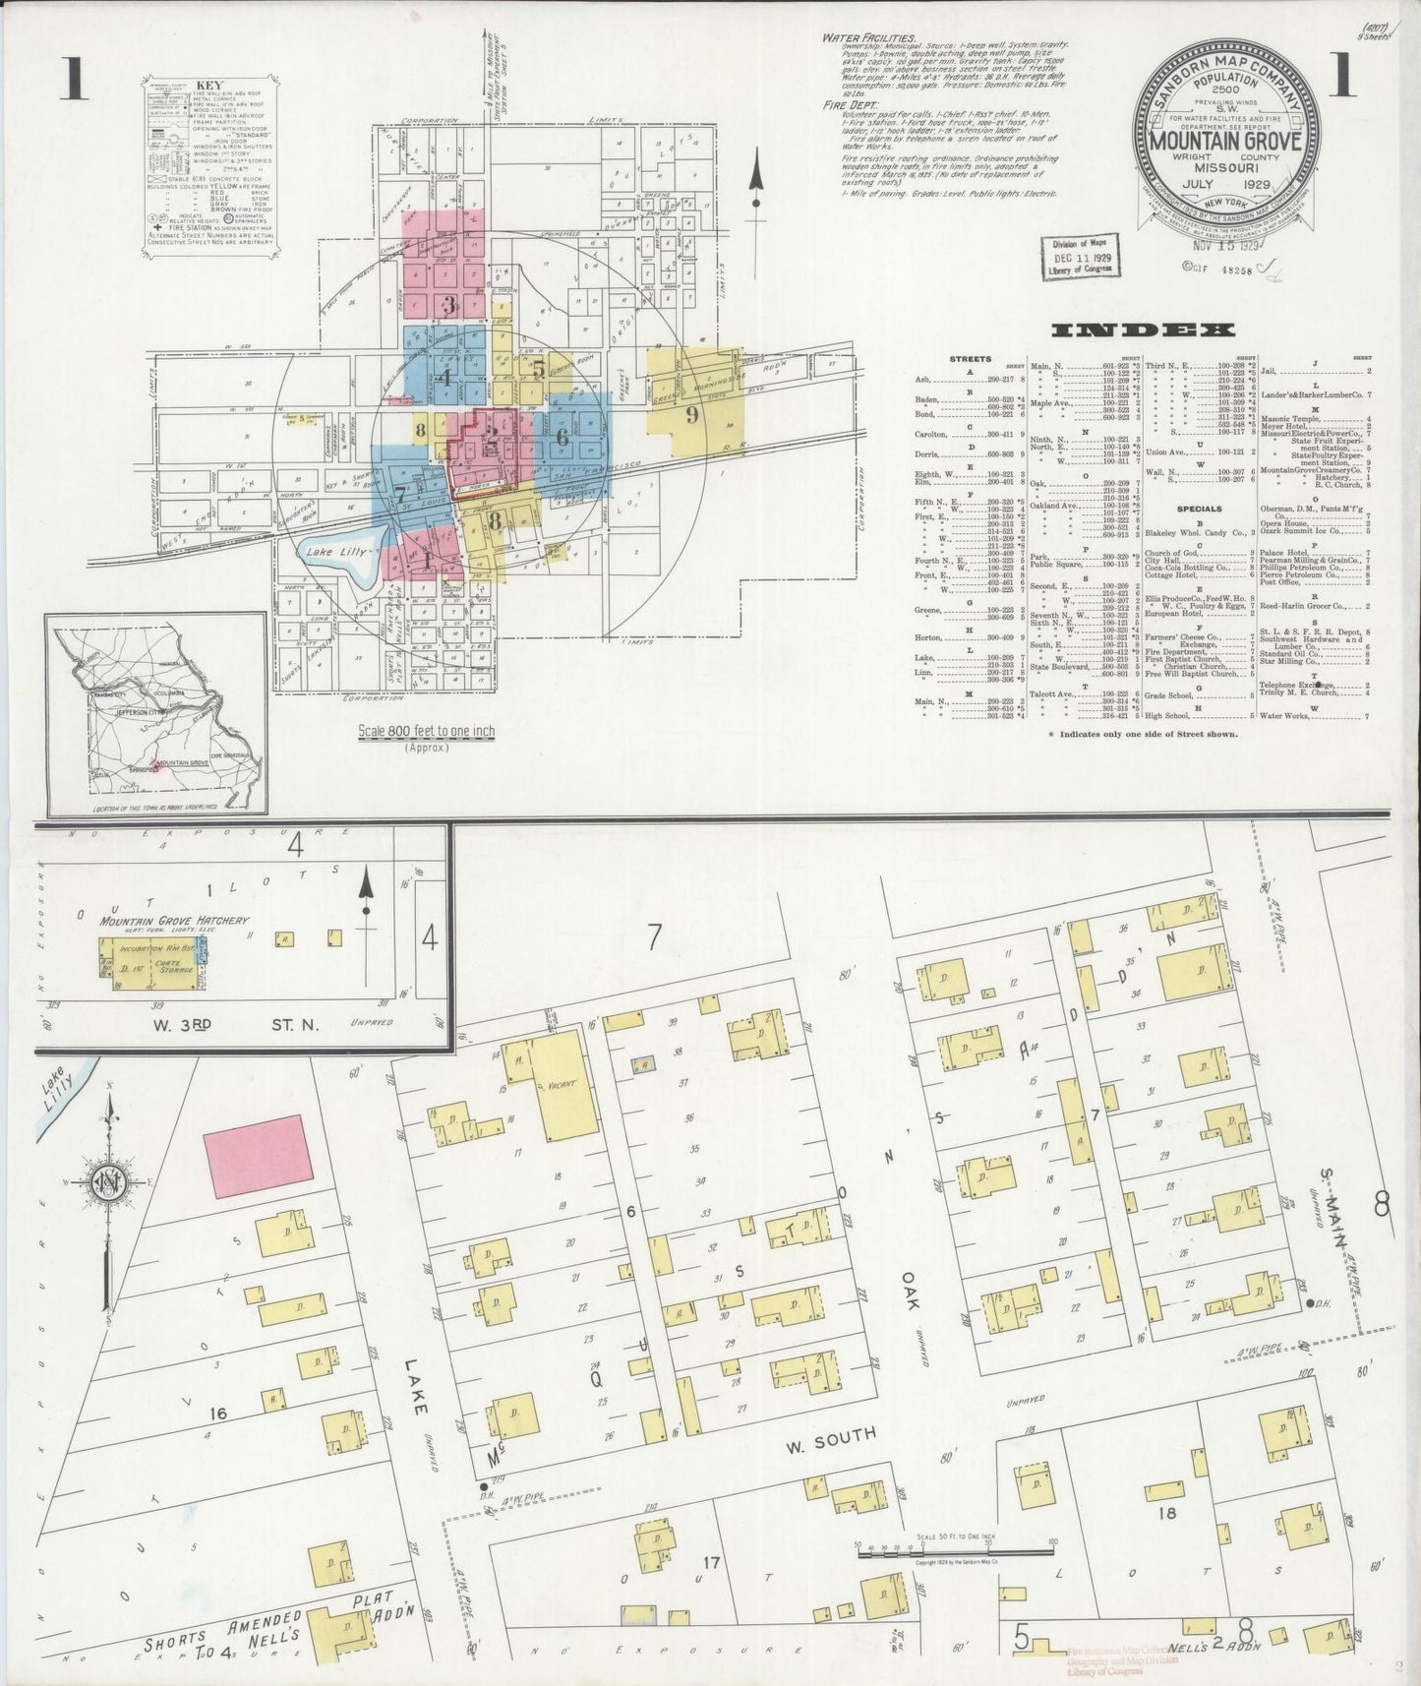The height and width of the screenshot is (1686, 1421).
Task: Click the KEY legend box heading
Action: pos(211,87)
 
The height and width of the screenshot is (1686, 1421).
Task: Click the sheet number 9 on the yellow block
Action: pos(691,414)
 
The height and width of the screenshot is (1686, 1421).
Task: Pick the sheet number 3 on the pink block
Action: pos(448,304)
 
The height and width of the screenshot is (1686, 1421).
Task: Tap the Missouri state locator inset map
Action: pos(154,712)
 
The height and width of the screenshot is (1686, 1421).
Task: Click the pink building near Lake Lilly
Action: pos(258,1157)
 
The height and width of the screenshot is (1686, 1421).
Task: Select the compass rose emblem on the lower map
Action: pos(105,1180)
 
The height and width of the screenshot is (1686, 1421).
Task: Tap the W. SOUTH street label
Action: pos(830,1439)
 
